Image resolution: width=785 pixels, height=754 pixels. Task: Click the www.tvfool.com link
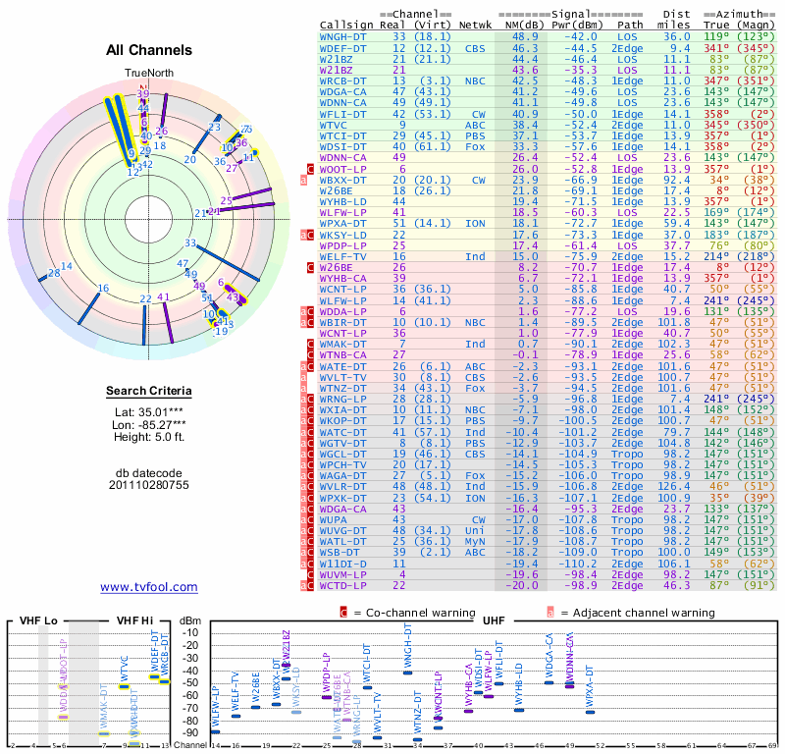(x=149, y=587)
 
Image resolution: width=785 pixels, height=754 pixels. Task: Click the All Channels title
(x=149, y=50)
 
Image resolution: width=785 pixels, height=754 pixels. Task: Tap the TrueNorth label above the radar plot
(x=148, y=74)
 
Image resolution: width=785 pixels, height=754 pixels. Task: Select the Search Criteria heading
(x=149, y=392)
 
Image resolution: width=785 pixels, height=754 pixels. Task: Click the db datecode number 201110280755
(x=149, y=484)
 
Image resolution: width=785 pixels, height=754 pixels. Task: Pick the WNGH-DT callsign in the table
(x=343, y=35)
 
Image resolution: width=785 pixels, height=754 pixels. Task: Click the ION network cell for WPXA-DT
(x=476, y=223)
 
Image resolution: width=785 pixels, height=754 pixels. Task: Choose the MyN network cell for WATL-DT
(x=476, y=540)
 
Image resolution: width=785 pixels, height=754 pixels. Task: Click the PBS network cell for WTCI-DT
(x=476, y=136)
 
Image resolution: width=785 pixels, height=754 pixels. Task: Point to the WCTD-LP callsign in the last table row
(x=343, y=584)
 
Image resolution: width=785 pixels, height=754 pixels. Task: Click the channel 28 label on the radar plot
(x=53, y=273)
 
